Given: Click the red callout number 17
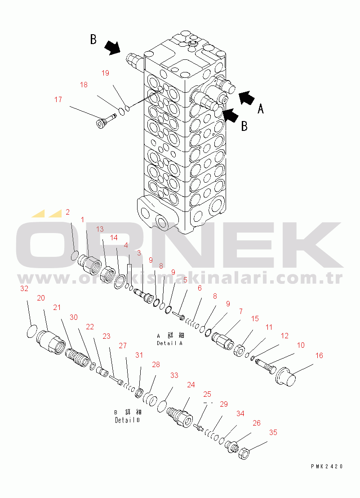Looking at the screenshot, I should tap(58, 100).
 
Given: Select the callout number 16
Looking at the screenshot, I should tap(319, 356).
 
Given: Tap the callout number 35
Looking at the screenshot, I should tap(273, 433).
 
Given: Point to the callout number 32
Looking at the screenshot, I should tap(24, 288).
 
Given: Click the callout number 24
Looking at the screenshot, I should tap(191, 385).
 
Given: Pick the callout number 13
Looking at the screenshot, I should tap(100, 229).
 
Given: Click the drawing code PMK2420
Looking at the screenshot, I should tap(327, 467).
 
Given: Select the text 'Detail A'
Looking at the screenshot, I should tap(169, 343).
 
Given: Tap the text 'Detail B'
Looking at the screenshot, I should tap(127, 420).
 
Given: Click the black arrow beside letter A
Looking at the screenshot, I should tap(246, 97).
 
